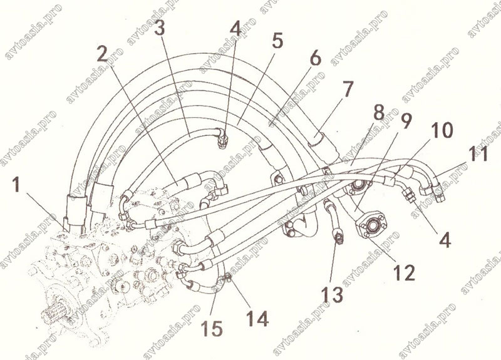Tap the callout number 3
(x=159, y=27)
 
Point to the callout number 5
(x=277, y=41)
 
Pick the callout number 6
(x=315, y=58)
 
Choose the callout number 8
(x=379, y=113)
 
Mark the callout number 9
(x=406, y=121)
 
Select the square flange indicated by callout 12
(x=371, y=225)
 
